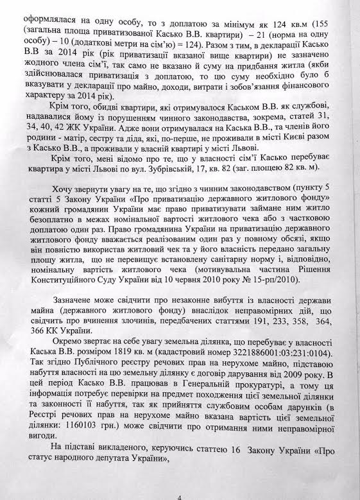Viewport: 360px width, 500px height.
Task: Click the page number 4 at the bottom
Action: (x=180, y=494)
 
